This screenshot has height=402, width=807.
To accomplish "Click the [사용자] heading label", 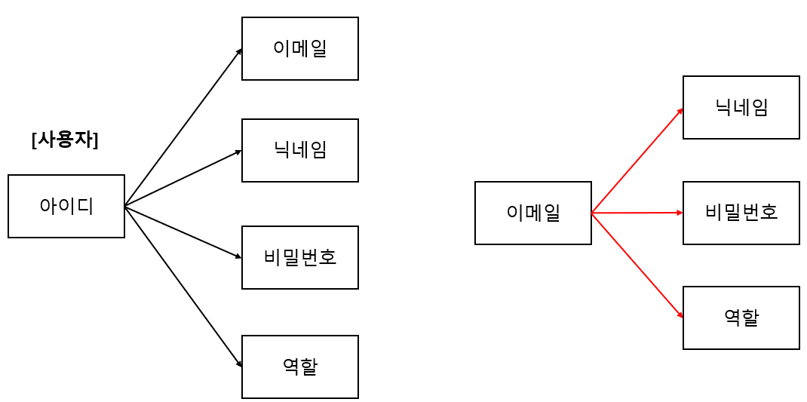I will (x=65, y=140).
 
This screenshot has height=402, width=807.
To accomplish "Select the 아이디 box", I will (x=66, y=206).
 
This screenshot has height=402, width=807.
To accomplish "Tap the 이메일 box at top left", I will (x=299, y=48).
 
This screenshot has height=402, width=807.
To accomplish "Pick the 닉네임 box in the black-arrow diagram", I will (x=299, y=150).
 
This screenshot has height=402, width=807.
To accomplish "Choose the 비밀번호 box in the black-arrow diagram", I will (x=299, y=257).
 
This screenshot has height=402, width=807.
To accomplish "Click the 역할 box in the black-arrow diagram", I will (x=299, y=367).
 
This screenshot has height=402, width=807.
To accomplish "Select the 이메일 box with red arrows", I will (x=532, y=213).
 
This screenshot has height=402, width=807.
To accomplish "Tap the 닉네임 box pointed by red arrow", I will (x=741, y=107).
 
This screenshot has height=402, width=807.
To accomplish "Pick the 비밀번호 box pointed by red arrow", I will (x=741, y=213).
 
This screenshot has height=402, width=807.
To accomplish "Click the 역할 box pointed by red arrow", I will (x=741, y=318).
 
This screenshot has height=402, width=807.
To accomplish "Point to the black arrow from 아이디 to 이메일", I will (x=183, y=127).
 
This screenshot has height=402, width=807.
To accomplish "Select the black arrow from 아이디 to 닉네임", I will (x=183, y=179).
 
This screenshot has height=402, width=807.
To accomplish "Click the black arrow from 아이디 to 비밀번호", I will (x=183, y=232).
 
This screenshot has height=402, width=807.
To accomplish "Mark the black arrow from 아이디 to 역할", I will (x=183, y=286).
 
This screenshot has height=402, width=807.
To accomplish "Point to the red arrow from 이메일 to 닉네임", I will (x=637, y=161).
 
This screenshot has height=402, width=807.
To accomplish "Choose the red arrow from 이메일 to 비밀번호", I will (x=637, y=213).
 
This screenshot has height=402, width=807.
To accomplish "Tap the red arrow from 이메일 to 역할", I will (x=637, y=265).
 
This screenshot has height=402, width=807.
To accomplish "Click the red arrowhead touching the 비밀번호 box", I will (x=680, y=213).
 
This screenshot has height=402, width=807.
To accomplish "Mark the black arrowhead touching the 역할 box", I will (x=239, y=364).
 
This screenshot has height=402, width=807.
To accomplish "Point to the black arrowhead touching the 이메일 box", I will (x=239, y=52).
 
